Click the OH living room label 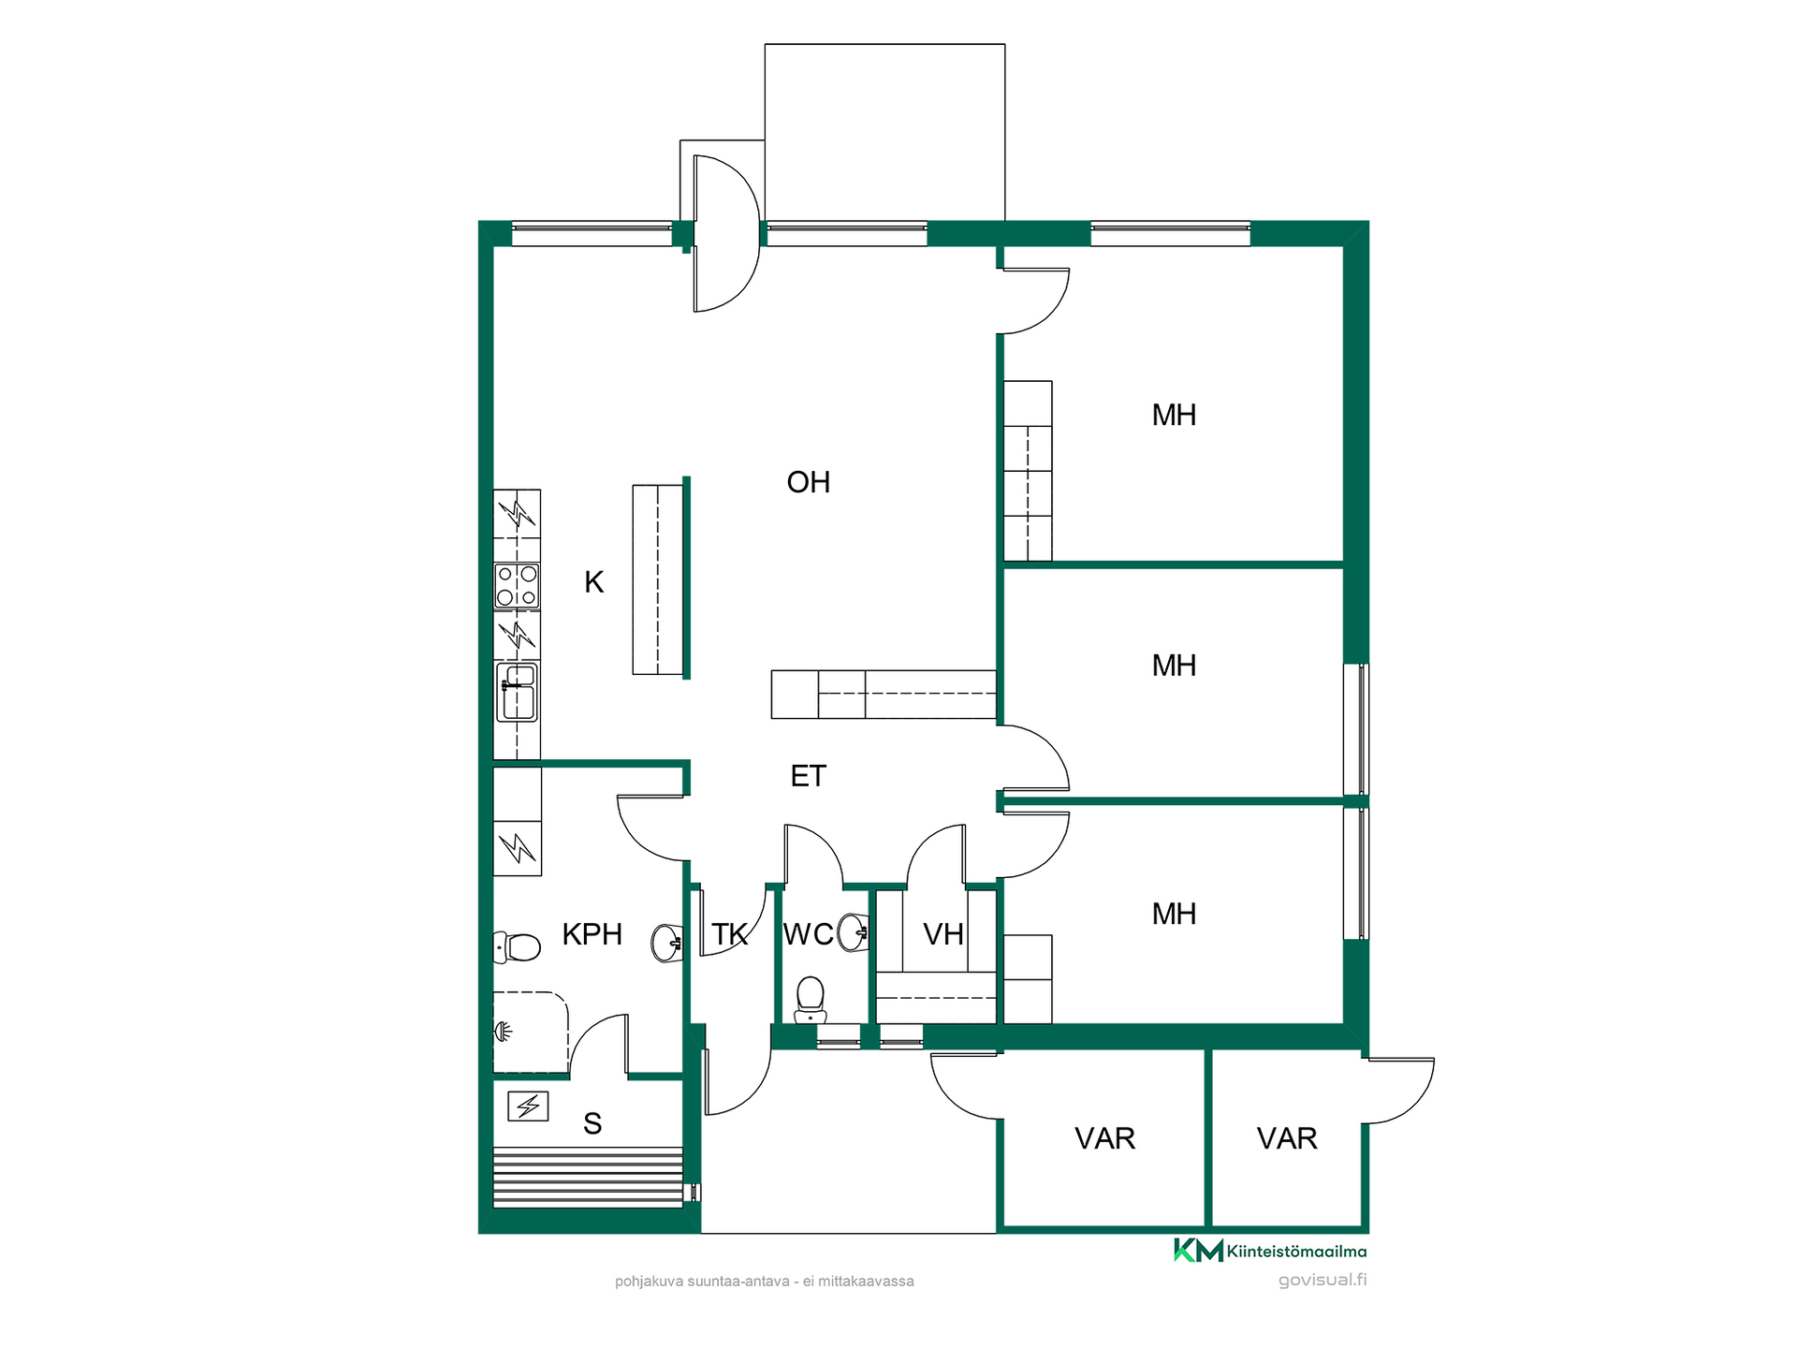tap(809, 482)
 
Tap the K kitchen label tap(594, 582)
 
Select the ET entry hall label tap(809, 776)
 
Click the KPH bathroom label tap(592, 934)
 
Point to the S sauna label tap(592, 1123)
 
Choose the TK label tap(730, 934)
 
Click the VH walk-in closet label tap(943, 934)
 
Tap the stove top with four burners tap(517, 586)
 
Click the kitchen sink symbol tap(518, 692)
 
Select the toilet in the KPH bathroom tap(517, 947)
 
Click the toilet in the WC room tap(810, 1000)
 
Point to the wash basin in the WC tap(853, 932)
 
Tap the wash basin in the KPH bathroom tap(666, 943)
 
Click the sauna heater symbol tap(528, 1106)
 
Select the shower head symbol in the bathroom tap(504, 1032)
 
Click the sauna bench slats tap(588, 1178)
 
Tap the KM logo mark tap(1198, 1250)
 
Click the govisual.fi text tap(1322, 1281)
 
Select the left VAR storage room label tap(1105, 1138)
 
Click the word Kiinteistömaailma tap(1296, 1251)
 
